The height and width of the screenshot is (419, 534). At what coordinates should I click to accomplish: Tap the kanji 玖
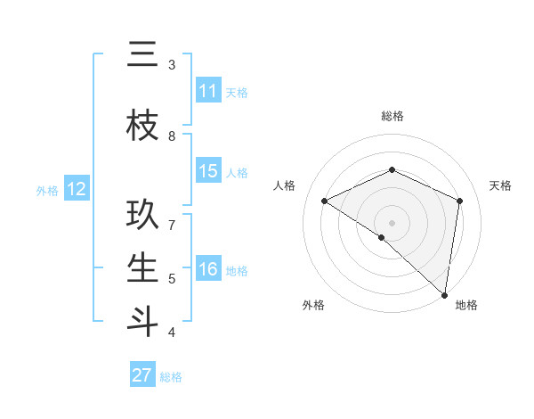(x=142, y=215)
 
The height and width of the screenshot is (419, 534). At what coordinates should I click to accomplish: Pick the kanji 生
(x=142, y=267)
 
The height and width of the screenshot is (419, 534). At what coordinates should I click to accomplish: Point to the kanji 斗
(x=142, y=321)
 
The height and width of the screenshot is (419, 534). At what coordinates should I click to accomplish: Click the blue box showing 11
(x=208, y=91)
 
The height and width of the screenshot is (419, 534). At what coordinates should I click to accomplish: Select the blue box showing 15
(x=208, y=172)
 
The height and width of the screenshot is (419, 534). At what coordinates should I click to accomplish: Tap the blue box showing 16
(x=208, y=270)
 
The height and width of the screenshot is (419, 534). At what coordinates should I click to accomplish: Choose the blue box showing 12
(x=77, y=189)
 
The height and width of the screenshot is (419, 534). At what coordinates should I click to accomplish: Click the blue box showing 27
(x=142, y=375)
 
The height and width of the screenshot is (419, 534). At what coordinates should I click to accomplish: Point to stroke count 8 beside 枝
(x=172, y=136)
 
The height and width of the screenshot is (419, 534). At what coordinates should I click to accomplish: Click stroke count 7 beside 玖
(x=172, y=226)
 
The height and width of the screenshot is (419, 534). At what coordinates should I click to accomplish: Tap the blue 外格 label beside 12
(x=47, y=190)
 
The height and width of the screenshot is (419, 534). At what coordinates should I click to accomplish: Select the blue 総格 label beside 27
(x=171, y=377)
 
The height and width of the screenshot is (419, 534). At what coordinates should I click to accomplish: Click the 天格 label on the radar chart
(x=500, y=185)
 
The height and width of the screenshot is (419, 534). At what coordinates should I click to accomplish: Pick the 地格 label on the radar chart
(x=466, y=305)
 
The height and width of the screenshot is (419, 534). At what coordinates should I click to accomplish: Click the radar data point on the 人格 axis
(x=325, y=201)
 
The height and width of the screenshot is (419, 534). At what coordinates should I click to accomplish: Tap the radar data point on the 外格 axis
(x=382, y=237)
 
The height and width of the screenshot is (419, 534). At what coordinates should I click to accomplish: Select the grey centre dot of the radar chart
(x=392, y=222)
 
